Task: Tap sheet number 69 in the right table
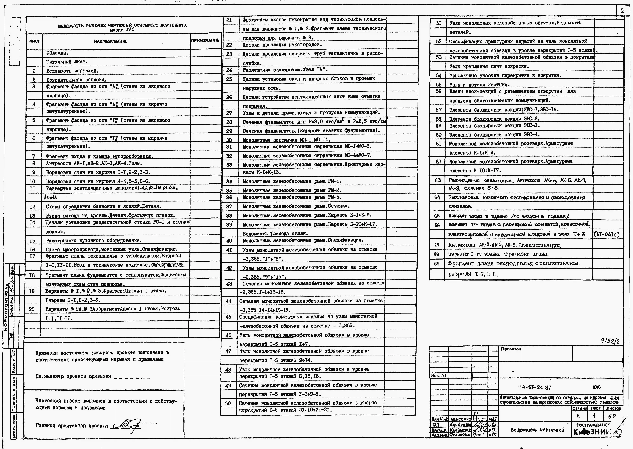coord(437,264)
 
